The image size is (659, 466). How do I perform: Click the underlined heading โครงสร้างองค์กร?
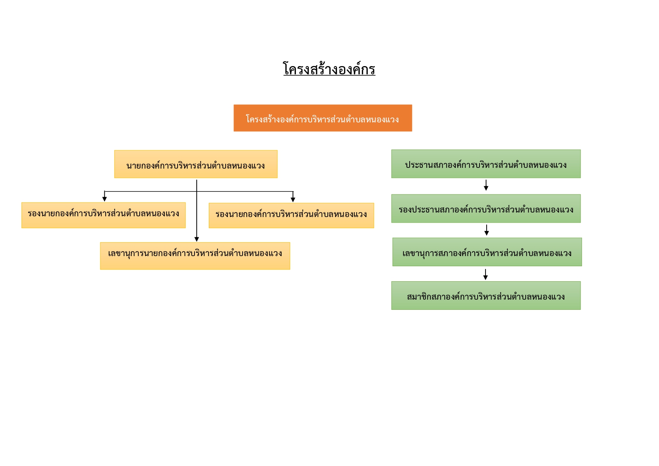329,69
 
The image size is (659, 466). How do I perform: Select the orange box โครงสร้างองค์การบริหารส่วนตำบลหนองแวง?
323,118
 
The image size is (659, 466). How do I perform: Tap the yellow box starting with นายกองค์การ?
196,164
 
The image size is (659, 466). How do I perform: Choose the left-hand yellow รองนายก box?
104,215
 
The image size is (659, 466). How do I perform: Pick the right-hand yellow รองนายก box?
291,216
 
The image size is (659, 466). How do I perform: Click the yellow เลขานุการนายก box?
195,256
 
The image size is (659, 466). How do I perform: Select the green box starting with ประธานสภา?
486,164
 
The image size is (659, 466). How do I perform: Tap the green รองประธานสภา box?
486,208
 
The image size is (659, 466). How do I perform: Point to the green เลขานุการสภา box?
487,252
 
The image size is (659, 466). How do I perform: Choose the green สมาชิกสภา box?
486,296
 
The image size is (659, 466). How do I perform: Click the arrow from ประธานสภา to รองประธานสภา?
486,185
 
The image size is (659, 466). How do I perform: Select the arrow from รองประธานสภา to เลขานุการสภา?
487,230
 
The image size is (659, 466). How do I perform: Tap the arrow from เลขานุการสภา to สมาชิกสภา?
486,274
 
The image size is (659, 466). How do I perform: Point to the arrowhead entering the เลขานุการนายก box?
197,239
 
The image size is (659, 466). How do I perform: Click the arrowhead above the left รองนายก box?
104,199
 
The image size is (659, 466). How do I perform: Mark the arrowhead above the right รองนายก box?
293,200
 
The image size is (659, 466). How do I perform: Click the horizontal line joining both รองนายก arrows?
199,192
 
